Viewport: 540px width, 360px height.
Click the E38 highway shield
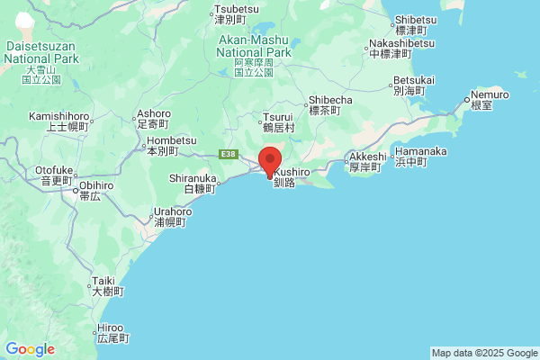229,155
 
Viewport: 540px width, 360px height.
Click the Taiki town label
103,286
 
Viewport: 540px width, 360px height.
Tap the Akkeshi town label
367,160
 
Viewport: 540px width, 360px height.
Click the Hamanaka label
420,157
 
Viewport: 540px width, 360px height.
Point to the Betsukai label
413,85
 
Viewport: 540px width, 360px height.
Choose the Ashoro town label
153,120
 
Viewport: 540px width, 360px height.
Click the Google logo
31,349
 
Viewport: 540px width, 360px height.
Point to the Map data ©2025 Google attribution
483,353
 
